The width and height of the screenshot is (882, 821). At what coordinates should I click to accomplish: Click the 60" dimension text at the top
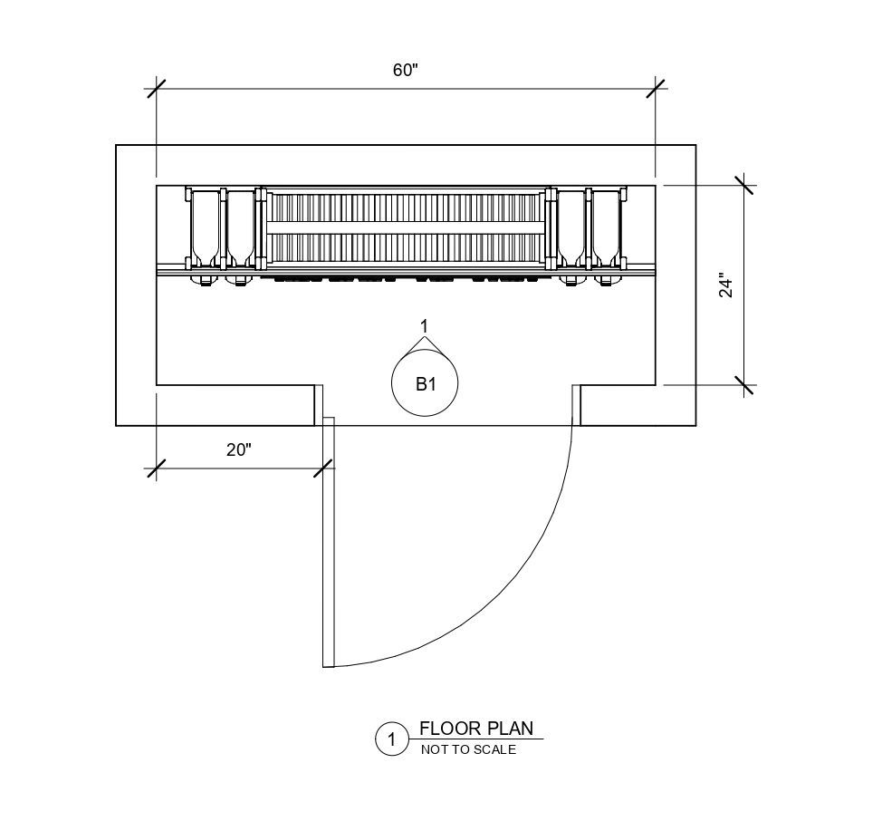pyautogui.click(x=405, y=72)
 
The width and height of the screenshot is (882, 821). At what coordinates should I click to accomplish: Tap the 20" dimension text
pyautogui.click(x=238, y=450)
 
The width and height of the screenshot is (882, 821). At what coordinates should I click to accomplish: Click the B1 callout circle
pyautogui.click(x=425, y=383)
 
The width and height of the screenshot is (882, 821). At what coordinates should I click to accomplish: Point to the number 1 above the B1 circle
pyautogui.click(x=424, y=325)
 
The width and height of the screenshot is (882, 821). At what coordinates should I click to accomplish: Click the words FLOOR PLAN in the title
pyautogui.click(x=476, y=729)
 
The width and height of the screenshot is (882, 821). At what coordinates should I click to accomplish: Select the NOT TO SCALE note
pyautogui.click(x=468, y=749)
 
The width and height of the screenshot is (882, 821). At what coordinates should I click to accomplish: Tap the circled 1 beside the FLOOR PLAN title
pyautogui.click(x=391, y=739)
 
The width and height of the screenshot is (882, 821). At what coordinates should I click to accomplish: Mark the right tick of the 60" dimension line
pyautogui.click(x=656, y=89)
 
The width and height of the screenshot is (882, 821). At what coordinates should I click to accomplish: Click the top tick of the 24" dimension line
pyautogui.click(x=744, y=185)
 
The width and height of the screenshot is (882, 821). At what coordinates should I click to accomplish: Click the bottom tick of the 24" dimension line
pyautogui.click(x=744, y=385)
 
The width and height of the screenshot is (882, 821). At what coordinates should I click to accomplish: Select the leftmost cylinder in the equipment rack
pyautogui.click(x=205, y=227)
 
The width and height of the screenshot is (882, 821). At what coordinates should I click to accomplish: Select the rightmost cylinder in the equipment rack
pyautogui.click(x=607, y=227)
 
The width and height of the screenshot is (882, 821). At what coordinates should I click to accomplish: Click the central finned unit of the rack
pyautogui.click(x=406, y=228)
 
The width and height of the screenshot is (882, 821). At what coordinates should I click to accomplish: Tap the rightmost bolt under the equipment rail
pyautogui.click(x=607, y=280)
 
